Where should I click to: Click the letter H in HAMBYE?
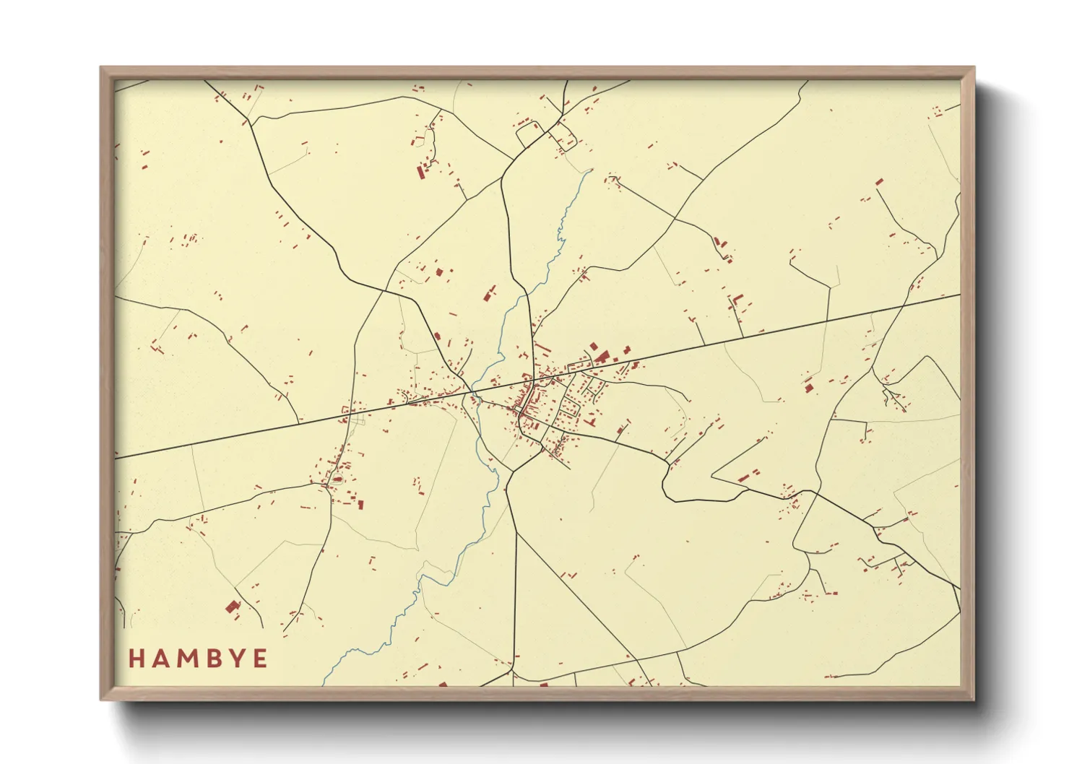[137, 659]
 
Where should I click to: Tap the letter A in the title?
[160, 659]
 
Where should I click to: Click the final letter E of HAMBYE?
[259, 659]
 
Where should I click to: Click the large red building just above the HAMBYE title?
[232, 607]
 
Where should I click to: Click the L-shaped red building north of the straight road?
[737, 300]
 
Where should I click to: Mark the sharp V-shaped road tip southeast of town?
[713, 477]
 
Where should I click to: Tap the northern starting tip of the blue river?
[592, 170]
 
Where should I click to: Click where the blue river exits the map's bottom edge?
[323, 684]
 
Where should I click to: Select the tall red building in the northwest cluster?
[420, 172]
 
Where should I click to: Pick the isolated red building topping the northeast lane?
[879, 181]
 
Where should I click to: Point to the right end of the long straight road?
[959, 295]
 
